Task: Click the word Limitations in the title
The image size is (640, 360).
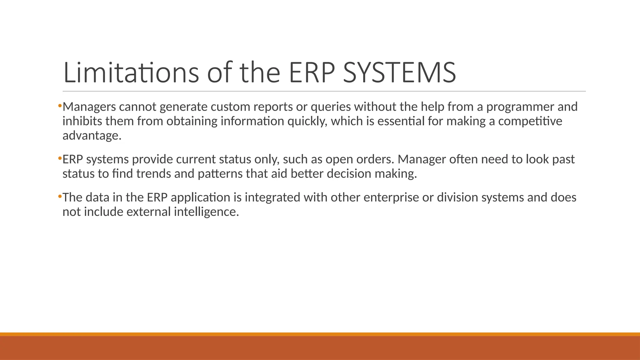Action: (131, 72)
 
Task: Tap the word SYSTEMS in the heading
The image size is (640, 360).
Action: (399, 72)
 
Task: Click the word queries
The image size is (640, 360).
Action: (331, 107)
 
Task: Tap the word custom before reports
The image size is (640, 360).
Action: (230, 107)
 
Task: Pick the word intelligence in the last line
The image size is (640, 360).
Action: (206, 212)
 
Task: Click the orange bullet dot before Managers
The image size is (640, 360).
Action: (60, 106)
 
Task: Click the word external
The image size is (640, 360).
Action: (148, 212)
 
